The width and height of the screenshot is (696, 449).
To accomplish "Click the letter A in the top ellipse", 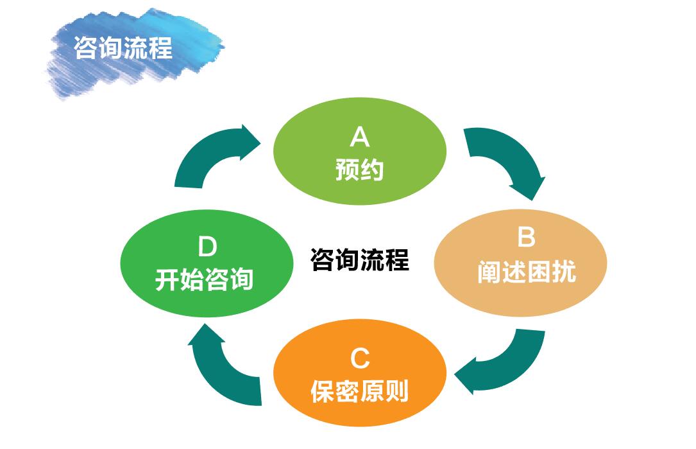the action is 359,136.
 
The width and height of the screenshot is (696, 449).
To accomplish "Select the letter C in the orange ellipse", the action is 359,358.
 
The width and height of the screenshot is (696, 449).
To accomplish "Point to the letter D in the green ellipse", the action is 207,247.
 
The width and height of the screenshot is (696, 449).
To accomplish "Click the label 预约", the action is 359,170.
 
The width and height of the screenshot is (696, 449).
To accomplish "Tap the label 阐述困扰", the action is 527,272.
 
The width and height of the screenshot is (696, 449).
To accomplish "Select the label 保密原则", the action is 359,392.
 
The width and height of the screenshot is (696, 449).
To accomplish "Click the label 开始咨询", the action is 204,279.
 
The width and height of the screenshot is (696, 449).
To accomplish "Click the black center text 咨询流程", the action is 359,260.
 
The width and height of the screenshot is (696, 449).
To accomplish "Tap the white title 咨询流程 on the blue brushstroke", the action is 123,48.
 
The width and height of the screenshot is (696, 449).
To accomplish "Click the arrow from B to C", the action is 506,368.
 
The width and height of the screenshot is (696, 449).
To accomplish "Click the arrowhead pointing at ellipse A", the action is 250,142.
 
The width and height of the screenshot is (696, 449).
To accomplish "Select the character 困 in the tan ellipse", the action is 539,272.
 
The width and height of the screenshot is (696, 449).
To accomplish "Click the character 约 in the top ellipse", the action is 372,170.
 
